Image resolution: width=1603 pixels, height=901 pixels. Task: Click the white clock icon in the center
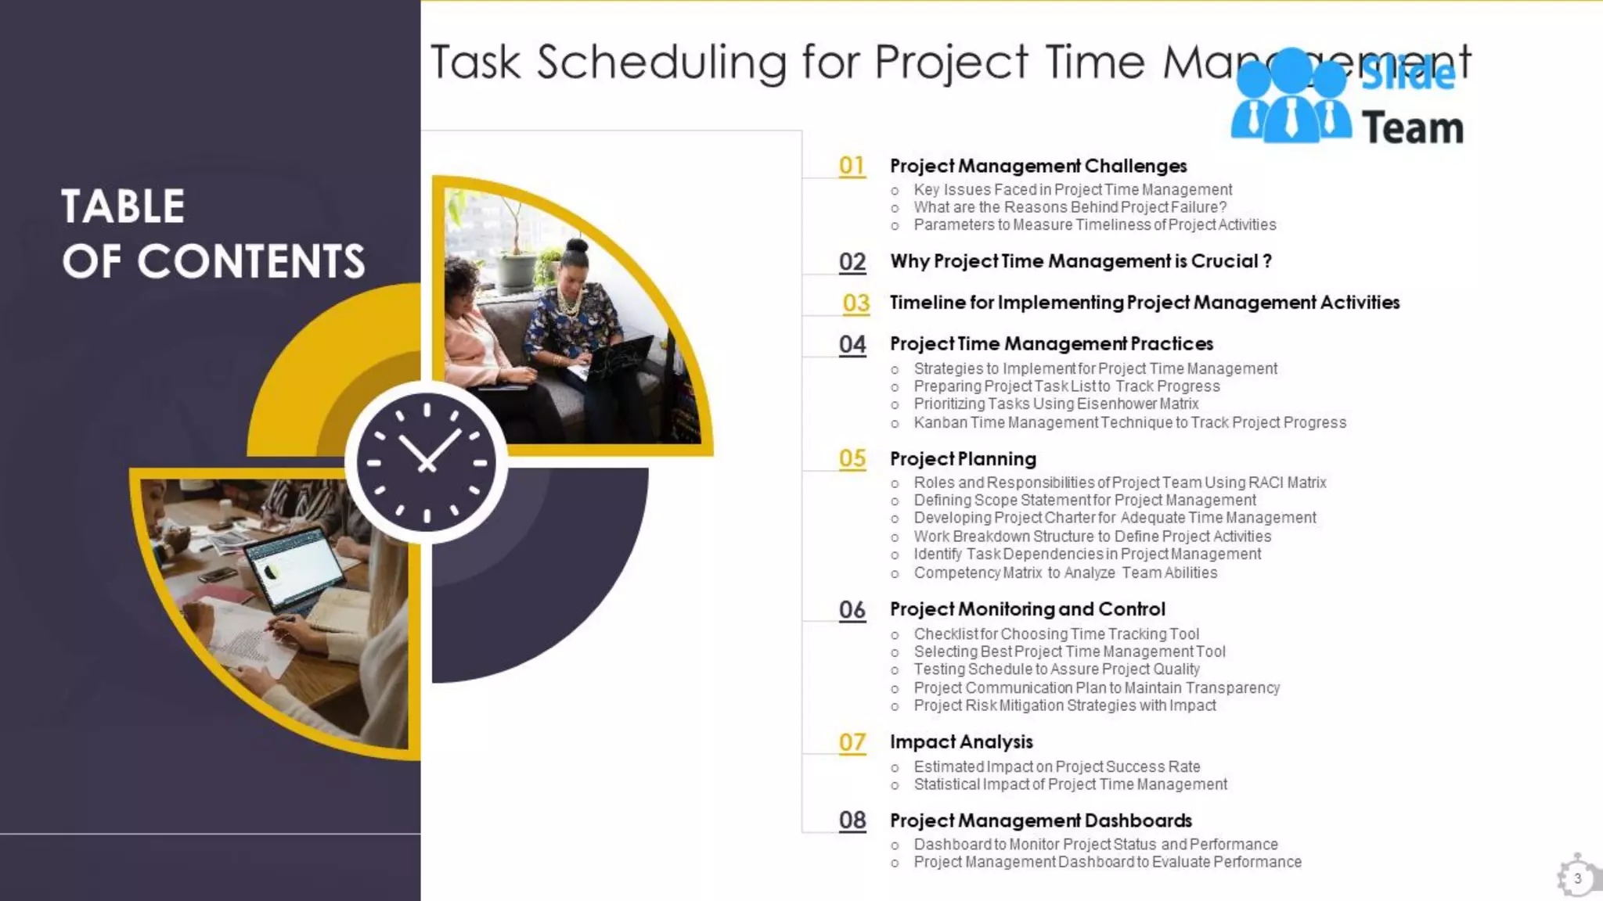click(427, 461)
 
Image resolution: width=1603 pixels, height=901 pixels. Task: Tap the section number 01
click(852, 166)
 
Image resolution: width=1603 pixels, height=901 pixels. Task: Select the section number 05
click(852, 458)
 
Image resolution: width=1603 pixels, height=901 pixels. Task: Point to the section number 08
click(852, 820)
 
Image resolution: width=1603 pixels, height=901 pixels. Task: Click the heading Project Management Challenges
click(1038, 166)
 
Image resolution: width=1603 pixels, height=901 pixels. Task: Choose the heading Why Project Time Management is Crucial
click(1080, 261)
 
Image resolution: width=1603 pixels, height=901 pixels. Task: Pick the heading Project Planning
click(963, 459)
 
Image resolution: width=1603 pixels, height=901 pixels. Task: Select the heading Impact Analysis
click(961, 741)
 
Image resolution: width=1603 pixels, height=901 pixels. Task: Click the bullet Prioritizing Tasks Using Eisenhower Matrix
click(1056, 404)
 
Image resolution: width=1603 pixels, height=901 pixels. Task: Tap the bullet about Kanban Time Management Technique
click(1129, 422)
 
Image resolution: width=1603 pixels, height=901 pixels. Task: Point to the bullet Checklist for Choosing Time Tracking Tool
click(1056, 634)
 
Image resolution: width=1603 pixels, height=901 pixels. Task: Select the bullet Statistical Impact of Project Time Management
click(1070, 784)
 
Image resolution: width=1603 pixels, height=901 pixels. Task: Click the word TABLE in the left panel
click(123, 206)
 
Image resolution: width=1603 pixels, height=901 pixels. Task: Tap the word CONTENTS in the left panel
click(251, 261)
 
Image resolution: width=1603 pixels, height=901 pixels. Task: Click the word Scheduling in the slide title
click(661, 63)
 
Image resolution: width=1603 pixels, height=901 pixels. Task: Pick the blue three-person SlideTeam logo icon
click(1290, 98)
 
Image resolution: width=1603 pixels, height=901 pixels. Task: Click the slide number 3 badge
click(1577, 878)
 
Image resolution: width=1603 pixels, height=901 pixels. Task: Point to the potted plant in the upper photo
click(515, 250)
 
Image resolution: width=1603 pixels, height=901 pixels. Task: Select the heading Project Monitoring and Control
click(1027, 609)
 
